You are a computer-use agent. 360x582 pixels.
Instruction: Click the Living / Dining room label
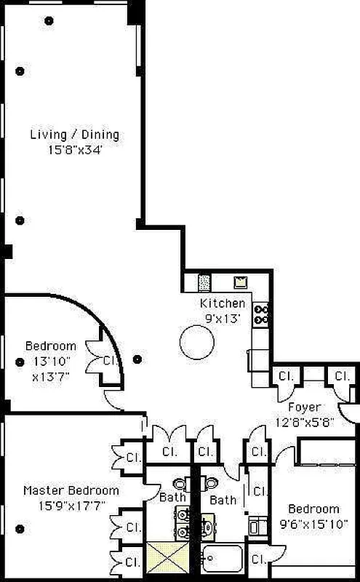click(75, 135)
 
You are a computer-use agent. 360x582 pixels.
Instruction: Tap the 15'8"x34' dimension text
click(75, 150)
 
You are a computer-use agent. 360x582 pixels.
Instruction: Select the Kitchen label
click(223, 303)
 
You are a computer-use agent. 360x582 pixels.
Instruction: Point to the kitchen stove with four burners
click(261, 314)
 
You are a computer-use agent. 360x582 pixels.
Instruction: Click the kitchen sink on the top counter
click(240, 282)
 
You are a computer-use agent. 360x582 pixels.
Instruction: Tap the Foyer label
click(304, 407)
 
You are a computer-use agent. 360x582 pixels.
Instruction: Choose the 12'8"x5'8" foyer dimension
click(305, 423)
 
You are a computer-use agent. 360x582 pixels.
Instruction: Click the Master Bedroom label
click(71, 490)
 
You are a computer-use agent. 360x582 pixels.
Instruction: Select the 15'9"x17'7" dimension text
click(72, 506)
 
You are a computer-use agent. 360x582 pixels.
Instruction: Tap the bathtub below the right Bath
click(223, 558)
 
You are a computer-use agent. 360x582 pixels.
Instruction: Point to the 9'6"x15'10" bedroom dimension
click(313, 524)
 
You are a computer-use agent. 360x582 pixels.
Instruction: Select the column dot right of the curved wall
click(137, 359)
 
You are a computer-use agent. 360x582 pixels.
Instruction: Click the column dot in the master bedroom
click(20, 529)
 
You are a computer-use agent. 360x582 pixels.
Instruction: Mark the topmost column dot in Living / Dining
click(49, 21)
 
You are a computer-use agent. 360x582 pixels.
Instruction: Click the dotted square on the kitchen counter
click(204, 283)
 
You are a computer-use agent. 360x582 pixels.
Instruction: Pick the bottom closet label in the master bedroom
click(133, 562)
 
